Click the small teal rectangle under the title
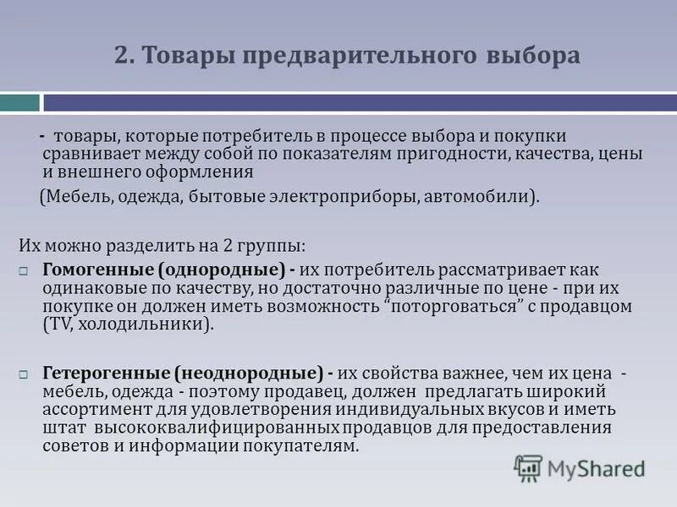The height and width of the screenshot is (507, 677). click(x=19, y=103)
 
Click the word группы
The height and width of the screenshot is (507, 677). click(x=273, y=246)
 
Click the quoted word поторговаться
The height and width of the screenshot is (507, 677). click(x=452, y=306)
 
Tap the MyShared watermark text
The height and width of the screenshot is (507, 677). click(x=596, y=467)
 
